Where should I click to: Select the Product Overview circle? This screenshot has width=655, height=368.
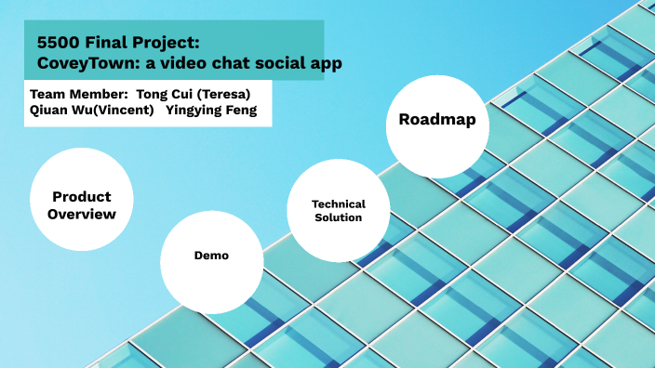coord(83,204)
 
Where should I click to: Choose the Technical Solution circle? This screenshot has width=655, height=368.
coord(338,210)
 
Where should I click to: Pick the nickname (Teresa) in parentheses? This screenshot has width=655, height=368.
coord(224,94)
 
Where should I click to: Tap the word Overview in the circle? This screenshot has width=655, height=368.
coord(83,214)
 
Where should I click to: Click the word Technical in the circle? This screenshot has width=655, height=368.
coord(338,204)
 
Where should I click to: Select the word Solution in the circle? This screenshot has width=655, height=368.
coord(338,217)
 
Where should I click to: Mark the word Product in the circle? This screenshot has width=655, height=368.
coord(82,196)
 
